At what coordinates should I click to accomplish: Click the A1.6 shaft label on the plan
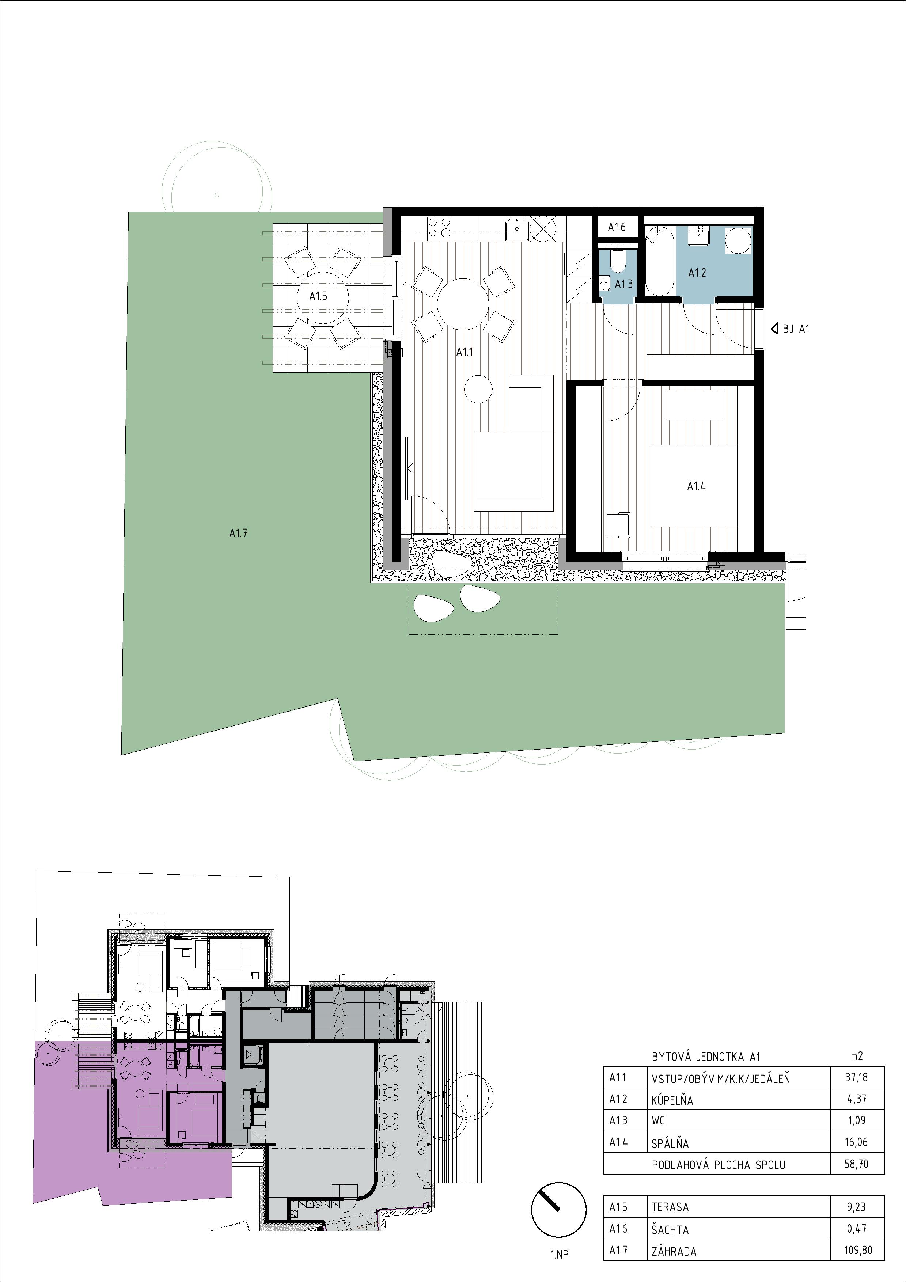click(617, 227)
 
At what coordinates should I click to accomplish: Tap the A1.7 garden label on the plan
click(238, 533)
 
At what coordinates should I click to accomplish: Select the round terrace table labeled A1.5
click(318, 296)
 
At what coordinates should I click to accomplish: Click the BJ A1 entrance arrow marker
click(774, 329)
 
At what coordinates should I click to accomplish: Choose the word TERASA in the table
click(670, 1207)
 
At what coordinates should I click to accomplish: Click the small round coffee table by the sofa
click(478, 388)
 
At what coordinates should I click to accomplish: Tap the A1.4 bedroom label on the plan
click(696, 486)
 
